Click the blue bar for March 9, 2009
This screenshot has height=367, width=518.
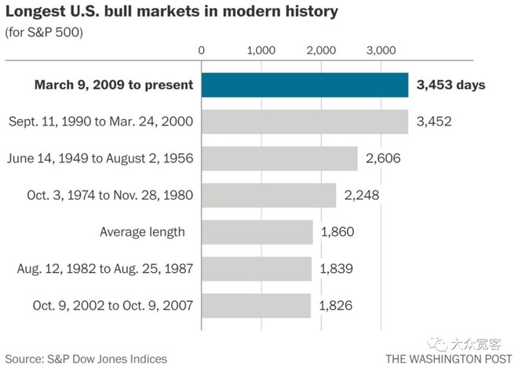305,85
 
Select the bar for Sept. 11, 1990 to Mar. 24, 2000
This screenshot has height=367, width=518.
305,122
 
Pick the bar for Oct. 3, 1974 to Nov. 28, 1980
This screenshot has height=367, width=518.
268,195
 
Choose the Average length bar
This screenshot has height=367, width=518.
257,231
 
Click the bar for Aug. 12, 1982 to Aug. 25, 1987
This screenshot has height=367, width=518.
256,268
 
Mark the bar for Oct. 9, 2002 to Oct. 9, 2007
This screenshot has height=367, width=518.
256,305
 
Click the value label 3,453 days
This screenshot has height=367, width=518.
451,85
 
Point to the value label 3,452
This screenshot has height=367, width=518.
433,122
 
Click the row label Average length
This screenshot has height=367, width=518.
142,231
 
